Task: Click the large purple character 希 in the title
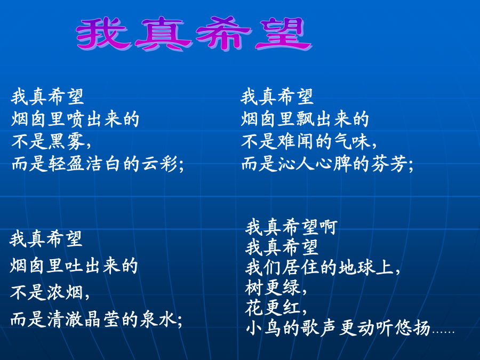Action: [x=224, y=33]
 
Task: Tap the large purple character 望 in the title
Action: [x=284, y=33]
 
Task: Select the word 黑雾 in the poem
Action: [x=67, y=142]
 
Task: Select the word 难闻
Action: [x=296, y=142]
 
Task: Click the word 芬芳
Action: [x=389, y=164]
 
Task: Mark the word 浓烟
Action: [x=65, y=292]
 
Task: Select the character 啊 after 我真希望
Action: [x=329, y=227]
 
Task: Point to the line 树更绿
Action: [x=273, y=287]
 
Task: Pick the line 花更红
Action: [x=273, y=308]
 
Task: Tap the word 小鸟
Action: [x=263, y=328]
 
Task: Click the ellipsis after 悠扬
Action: [x=443, y=332]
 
